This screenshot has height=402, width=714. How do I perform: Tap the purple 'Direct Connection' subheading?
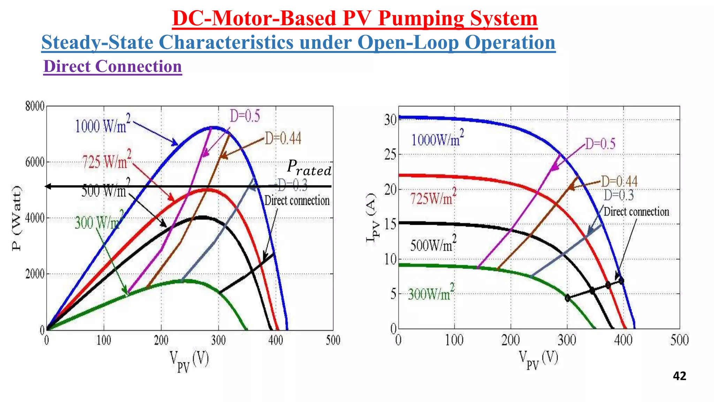click(x=113, y=66)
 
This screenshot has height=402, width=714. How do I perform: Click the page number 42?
click(x=679, y=376)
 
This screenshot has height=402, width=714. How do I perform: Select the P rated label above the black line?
click(x=309, y=167)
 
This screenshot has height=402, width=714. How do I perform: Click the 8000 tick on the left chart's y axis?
click(x=35, y=106)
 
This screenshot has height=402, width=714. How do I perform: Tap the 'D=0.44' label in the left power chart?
click(x=283, y=139)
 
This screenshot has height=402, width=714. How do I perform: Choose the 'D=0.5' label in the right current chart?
click(x=600, y=144)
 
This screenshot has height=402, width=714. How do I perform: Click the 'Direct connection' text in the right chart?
click(x=636, y=212)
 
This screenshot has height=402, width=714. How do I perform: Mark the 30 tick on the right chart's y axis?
click(x=390, y=120)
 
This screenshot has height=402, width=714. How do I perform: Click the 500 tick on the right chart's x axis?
click(x=679, y=340)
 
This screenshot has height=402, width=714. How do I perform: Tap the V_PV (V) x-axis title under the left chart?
click(x=189, y=361)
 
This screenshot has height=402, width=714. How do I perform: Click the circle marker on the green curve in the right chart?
click(x=568, y=298)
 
